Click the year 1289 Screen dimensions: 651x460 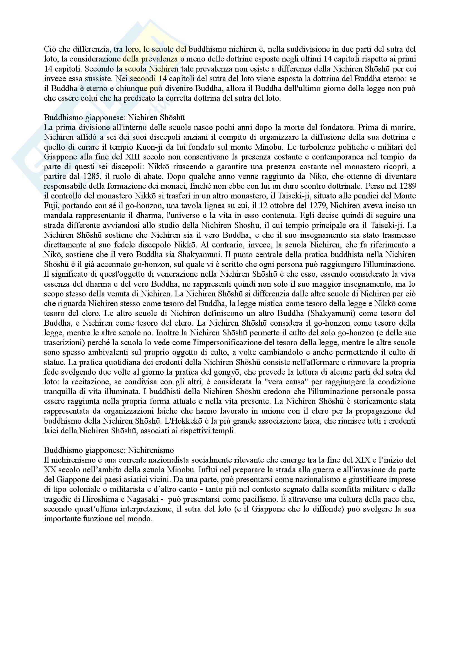pyautogui.click(x=409, y=186)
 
